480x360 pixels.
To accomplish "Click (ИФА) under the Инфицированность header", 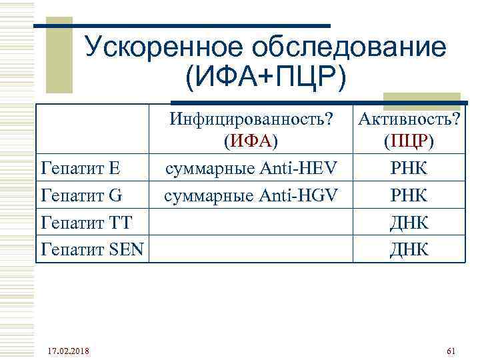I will point(251,142).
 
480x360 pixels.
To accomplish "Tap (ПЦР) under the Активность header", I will point(408,142).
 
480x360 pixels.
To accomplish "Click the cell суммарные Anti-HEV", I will point(251,166).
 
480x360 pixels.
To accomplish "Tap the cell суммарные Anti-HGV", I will point(251,195).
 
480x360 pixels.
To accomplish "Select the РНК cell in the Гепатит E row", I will point(408,166).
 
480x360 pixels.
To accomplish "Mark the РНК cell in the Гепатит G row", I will point(408,195).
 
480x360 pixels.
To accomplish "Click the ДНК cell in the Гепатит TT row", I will point(408,222).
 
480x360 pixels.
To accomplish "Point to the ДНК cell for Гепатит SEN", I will point(408,249).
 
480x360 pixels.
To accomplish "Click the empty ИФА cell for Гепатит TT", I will point(251,222).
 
